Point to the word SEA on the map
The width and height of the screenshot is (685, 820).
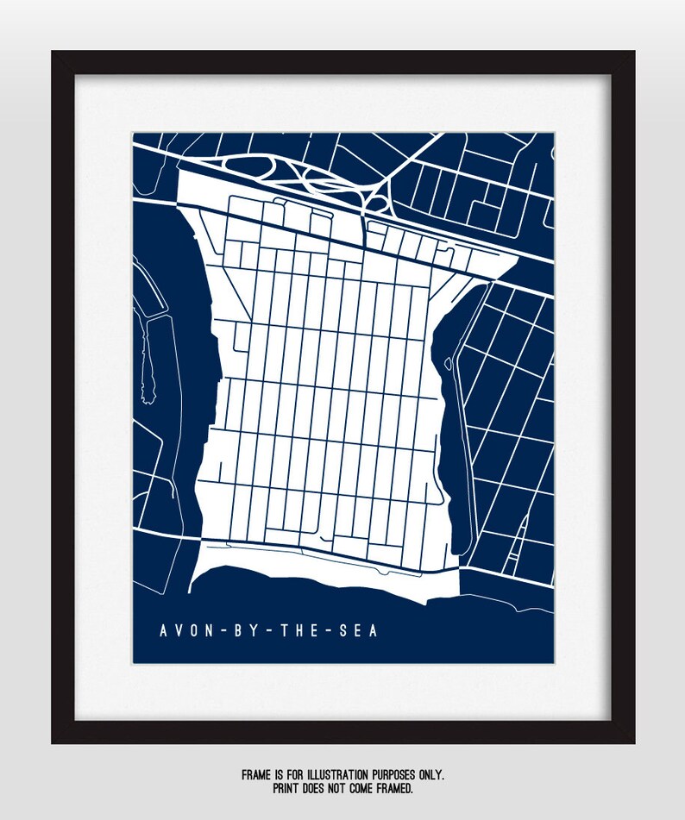(361, 631)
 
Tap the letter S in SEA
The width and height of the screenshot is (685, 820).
(345, 631)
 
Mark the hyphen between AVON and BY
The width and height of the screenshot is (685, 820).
(223, 632)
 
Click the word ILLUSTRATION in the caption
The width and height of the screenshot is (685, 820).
(336, 776)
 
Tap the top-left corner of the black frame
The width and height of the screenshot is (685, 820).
(53, 53)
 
